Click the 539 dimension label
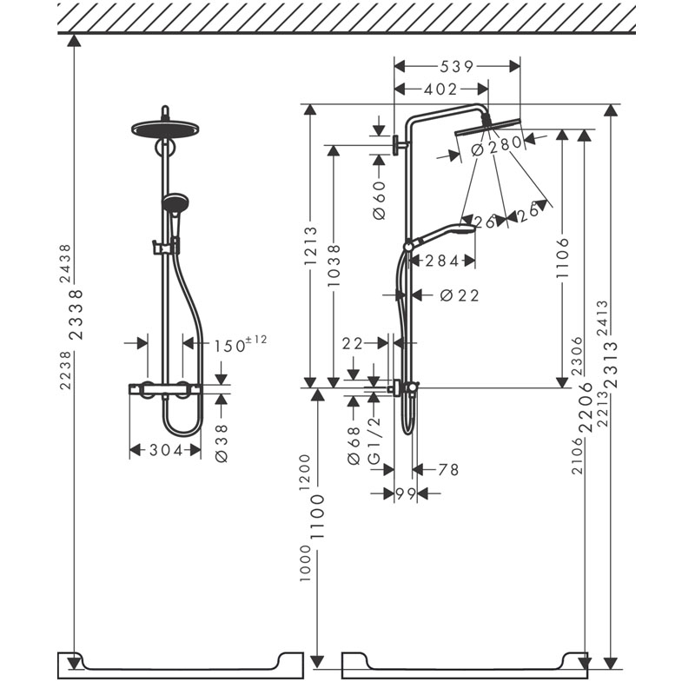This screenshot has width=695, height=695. point(457,67)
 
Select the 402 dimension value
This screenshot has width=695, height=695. point(440,89)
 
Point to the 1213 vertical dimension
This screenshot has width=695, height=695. point(311,246)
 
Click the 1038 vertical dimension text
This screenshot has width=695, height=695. point(334,265)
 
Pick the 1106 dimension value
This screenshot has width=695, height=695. point(562,257)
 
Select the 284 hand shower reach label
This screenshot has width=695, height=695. point(442,261)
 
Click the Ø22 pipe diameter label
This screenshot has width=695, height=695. point(460,295)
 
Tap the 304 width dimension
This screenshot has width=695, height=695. point(166,450)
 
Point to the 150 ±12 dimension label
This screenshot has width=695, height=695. point(241,344)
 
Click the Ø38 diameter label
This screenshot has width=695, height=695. point(222,443)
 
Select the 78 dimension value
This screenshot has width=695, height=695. point(448,469)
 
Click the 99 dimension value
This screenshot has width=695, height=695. point(405,493)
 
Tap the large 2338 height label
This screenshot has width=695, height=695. point(76,314)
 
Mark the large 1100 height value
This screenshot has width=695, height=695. point(317,517)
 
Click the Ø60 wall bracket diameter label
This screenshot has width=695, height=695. point(380,201)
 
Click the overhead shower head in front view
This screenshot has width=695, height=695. point(165,129)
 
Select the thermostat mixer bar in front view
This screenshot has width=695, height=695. point(166,388)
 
